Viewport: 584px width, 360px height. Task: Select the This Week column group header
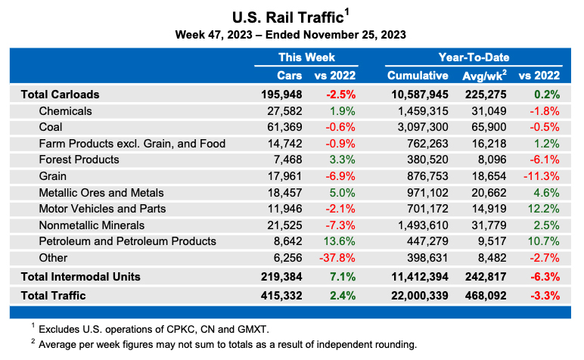306,57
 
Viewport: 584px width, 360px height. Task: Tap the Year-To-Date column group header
473,57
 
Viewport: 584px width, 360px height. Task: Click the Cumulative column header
418,76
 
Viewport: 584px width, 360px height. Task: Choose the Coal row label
50,127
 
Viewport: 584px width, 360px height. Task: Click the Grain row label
52,176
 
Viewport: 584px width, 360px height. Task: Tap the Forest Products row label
79,160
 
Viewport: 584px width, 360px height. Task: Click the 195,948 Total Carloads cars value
281,95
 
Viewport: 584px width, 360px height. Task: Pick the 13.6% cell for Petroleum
340,241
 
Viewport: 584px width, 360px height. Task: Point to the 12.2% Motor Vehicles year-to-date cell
543,209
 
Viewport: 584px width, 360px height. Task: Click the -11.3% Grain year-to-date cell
542,176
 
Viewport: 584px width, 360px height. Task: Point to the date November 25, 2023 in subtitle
353,34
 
